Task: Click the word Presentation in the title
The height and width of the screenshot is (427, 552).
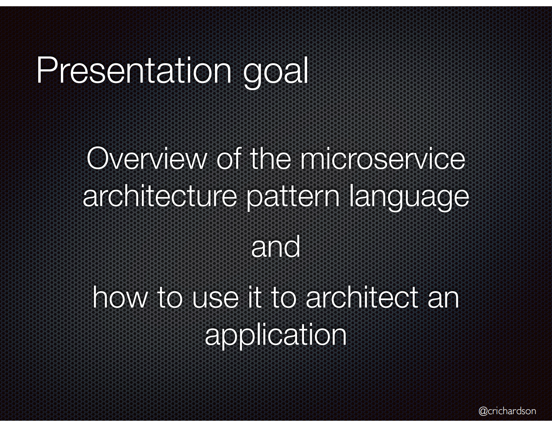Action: [134, 70]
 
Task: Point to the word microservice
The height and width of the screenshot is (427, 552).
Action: [383, 159]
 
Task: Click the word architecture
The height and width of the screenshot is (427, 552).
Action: [160, 196]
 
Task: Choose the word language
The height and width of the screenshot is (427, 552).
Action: [409, 197]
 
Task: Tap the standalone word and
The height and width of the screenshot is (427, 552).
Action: [275, 247]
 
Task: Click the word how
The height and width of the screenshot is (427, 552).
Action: [120, 298]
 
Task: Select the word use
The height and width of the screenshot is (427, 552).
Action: [215, 299]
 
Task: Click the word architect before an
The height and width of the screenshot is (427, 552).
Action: [362, 298]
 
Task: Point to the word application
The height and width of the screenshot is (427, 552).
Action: [275, 335]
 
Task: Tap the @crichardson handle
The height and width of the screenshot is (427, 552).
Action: [507, 411]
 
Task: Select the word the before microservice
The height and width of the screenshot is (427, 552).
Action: [270, 159]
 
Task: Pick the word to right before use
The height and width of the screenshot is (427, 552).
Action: [170, 298]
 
